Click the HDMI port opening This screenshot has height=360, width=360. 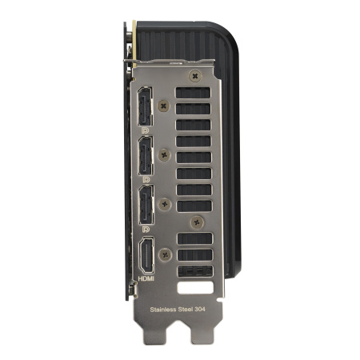pyautogui.click(x=146, y=257)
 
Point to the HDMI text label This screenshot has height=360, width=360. pyautogui.click(x=146, y=279)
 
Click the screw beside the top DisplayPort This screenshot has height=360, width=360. pyautogui.click(x=166, y=105)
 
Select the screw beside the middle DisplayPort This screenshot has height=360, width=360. pyautogui.click(x=166, y=154)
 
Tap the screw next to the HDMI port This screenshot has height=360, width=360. pyautogui.click(x=166, y=254)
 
